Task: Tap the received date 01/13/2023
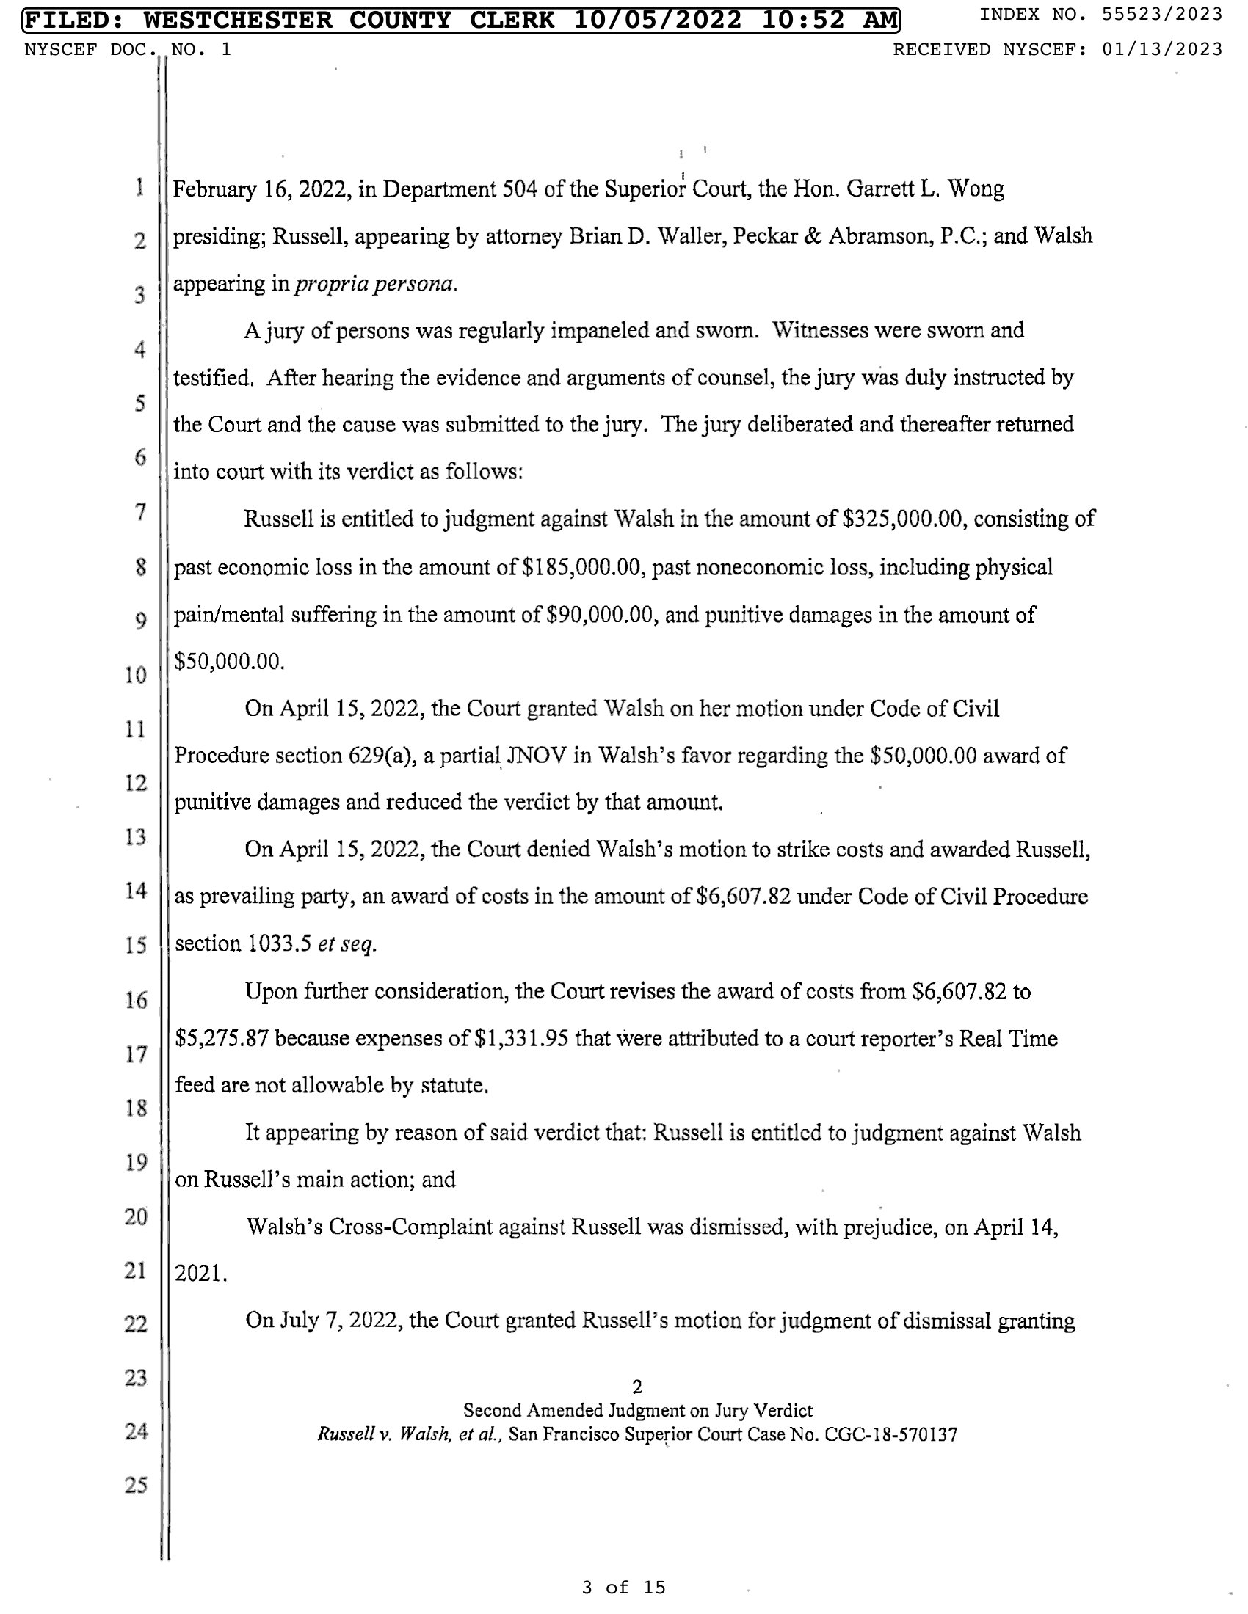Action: (1161, 49)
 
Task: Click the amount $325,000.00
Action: (904, 519)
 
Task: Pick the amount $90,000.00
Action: (602, 615)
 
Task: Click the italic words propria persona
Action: (375, 285)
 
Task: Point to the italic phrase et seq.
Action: (347, 944)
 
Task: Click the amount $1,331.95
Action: (521, 1039)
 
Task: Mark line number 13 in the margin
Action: (136, 837)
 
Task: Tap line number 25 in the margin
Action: (136, 1486)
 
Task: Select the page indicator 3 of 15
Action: (623, 1588)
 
